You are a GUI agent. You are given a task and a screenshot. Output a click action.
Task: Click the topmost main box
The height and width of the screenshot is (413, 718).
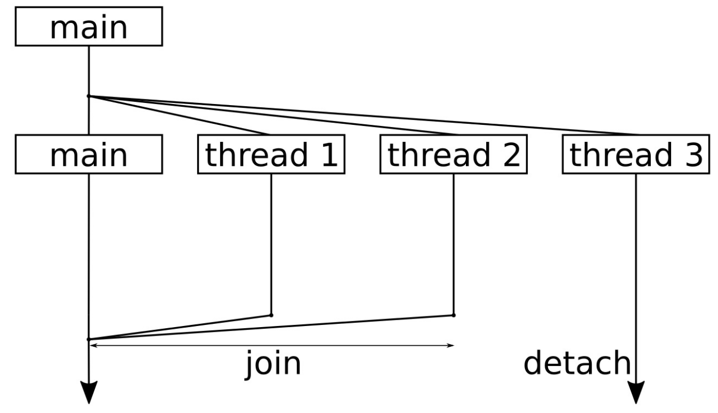88,26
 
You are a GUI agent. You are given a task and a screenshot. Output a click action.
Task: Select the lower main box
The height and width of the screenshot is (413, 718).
88,154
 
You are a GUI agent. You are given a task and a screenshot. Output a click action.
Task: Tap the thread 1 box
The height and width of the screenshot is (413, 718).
271,154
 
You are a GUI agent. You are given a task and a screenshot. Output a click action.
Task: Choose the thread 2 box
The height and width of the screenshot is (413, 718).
454,154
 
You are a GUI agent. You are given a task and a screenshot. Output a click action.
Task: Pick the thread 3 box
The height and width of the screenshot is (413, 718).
636,154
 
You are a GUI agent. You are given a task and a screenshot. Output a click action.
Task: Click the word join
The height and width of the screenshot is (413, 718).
273,363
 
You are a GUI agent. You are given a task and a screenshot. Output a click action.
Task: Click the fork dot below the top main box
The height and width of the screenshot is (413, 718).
88,96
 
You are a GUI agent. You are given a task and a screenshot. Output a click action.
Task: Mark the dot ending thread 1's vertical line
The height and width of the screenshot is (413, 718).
271,315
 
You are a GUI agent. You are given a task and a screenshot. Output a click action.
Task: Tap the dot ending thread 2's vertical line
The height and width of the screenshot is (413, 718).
454,315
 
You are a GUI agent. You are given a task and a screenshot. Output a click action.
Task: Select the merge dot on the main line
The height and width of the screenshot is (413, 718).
88,339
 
